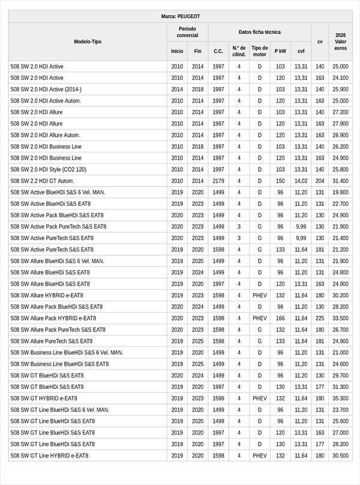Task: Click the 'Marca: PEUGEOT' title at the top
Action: coord(181,16)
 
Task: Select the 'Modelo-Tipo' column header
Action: coord(88,41)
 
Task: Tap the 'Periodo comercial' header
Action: coord(187,32)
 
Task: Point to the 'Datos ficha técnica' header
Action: coord(259,32)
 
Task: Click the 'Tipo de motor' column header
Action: coord(260,51)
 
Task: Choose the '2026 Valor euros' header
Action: coord(341,41)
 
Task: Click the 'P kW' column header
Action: coord(280,51)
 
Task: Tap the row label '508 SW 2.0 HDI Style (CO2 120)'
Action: coord(48,170)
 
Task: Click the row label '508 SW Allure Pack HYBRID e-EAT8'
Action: coord(53,319)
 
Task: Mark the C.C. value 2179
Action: coord(218,181)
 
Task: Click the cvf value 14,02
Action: coord(301,181)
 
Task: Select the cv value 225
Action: coord(320,319)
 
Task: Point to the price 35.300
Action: coord(340,399)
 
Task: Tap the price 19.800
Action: coord(340,193)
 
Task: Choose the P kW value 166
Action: coord(280,319)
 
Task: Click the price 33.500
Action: coord(340,319)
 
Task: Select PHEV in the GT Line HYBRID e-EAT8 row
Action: coord(260,456)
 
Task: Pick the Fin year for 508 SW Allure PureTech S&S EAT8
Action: coord(198,342)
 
